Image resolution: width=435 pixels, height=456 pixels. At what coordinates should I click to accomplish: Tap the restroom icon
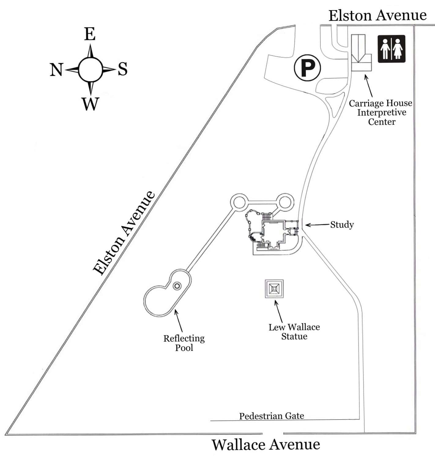(391, 49)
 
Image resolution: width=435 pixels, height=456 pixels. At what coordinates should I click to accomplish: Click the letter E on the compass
(90, 34)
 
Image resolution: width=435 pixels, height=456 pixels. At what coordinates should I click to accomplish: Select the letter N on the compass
(56, 70)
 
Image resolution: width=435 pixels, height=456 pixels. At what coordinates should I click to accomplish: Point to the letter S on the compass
(123, 69)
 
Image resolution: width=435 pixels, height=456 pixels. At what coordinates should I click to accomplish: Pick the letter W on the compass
(90, 104)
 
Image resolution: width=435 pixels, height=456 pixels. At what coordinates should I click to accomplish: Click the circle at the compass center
(90, 70)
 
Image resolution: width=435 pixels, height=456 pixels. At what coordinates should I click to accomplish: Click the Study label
(342, 225)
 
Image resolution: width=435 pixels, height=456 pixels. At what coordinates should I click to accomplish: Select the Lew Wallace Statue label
(294, 332)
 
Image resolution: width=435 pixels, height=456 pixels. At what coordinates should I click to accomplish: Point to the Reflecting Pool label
(184, 343)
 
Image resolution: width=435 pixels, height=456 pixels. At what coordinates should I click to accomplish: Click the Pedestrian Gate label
(271, 416)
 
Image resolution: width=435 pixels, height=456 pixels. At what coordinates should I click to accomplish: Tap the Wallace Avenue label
(266, 444)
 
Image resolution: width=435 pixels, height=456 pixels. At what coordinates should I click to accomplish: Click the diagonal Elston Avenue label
(124, 233)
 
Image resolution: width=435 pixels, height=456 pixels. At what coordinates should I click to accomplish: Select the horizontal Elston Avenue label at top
(377, 15)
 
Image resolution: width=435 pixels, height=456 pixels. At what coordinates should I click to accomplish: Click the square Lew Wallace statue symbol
(274, 289)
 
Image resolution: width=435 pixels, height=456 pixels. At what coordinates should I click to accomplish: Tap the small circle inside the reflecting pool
(177, 286)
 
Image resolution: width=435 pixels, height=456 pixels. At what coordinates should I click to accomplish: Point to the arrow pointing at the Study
(318, 225)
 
